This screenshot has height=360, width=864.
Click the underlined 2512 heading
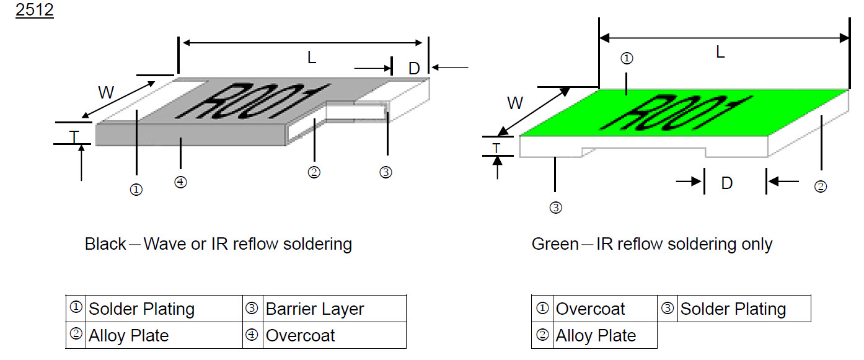(34, 11)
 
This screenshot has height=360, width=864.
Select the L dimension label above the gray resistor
(312, 58)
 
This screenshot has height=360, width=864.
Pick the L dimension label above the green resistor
(720, 53)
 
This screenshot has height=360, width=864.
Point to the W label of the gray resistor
(107, 93)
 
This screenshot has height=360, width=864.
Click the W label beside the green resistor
(515, 103)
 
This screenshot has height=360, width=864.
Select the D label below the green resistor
(727, 183)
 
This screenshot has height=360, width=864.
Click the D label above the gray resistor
(414, 68)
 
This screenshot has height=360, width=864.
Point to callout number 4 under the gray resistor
(180, 182)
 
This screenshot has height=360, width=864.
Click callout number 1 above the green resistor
(627, 58)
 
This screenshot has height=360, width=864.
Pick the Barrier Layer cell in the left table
(315, 309)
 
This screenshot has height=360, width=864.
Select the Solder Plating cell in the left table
(142, 309)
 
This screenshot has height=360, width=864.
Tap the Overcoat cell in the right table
(591, 309)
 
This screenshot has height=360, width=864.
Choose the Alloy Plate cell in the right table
(596, 336)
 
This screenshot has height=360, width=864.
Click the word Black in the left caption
(105, 244)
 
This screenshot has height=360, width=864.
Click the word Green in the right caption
(555, 244)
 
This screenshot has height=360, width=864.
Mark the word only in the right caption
(757, 244)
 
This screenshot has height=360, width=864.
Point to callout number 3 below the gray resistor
(386, 172)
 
